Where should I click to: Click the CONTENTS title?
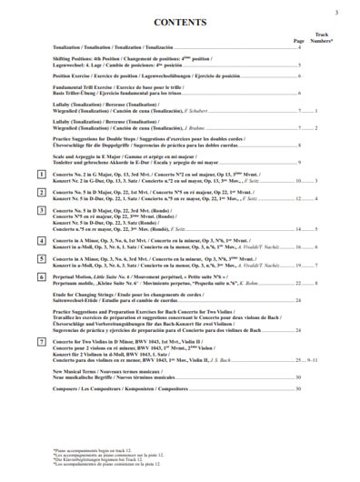[179, 22]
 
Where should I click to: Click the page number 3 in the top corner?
[335, 10]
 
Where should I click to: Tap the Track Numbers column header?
[322, 37]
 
